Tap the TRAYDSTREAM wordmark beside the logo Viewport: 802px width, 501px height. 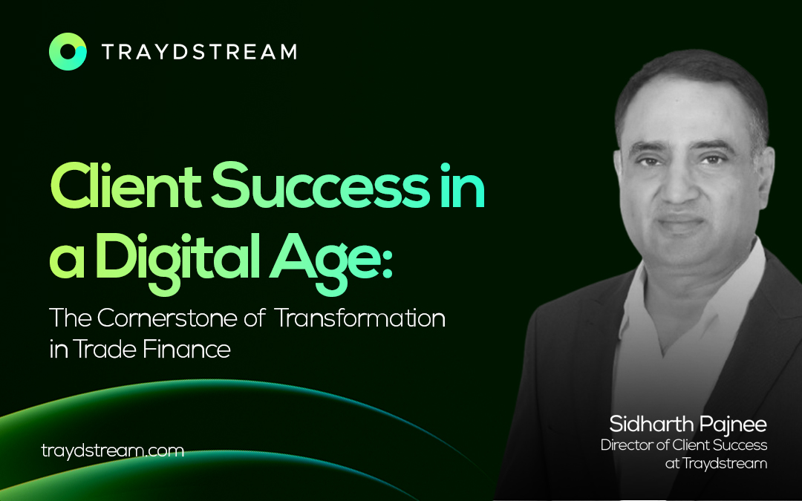(x=199, y=52)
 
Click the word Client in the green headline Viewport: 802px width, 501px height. (x=125, y=186)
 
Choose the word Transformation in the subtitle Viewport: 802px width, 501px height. (x=360, y=318)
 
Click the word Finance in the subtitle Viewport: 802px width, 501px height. (x=186, y=349)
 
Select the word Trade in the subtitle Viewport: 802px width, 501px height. (x=105, y=349)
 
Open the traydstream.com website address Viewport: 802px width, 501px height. (x=113, y=451)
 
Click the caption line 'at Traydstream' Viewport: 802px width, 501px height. (x=716, y=464)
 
